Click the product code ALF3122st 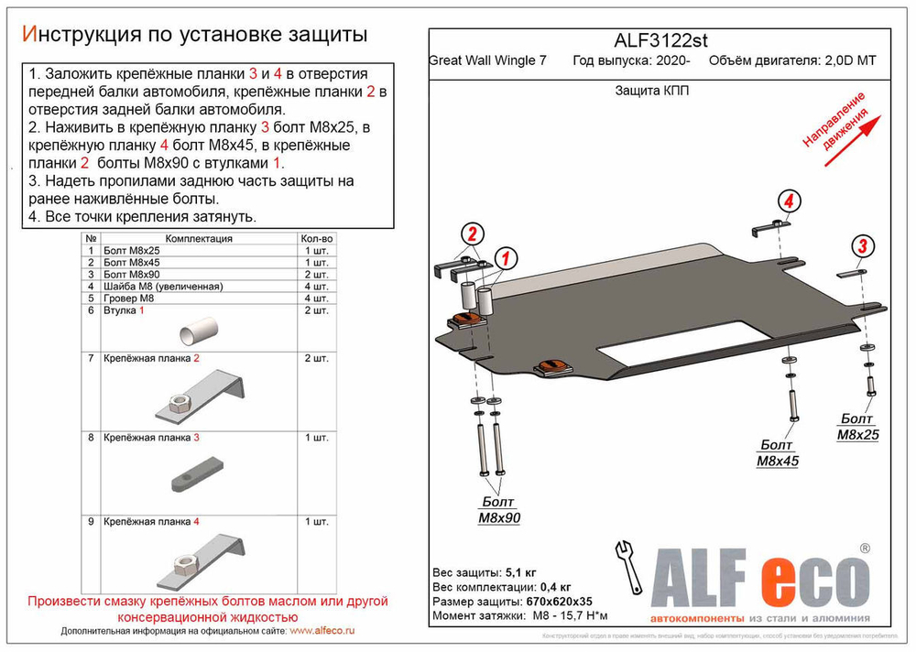click(x=659, y=40)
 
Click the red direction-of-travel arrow click(x=852, y=140)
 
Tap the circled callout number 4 click(x=789, y=201)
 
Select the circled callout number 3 click(x=862, y=245)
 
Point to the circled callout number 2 click(x=471, y=234)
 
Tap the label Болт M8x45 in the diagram click(x=777, y=452)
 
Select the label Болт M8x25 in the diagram click(x=857, y=427)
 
